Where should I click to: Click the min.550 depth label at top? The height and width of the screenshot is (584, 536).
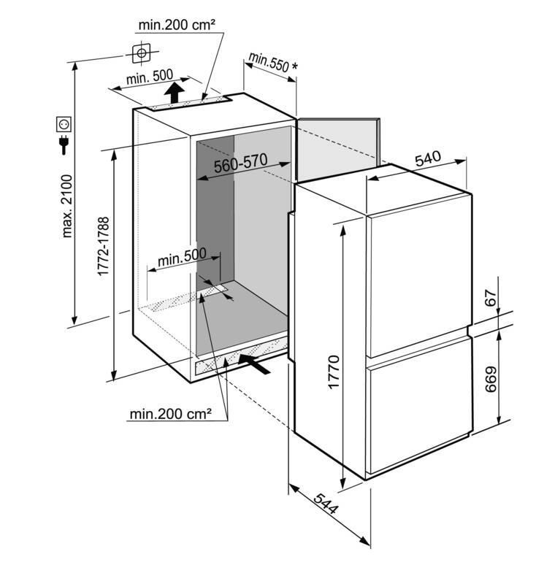(x=267, y=62)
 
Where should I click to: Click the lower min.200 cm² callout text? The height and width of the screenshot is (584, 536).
(x=171, y=415)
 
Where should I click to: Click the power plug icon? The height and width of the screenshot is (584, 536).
(x=64, y=146)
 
